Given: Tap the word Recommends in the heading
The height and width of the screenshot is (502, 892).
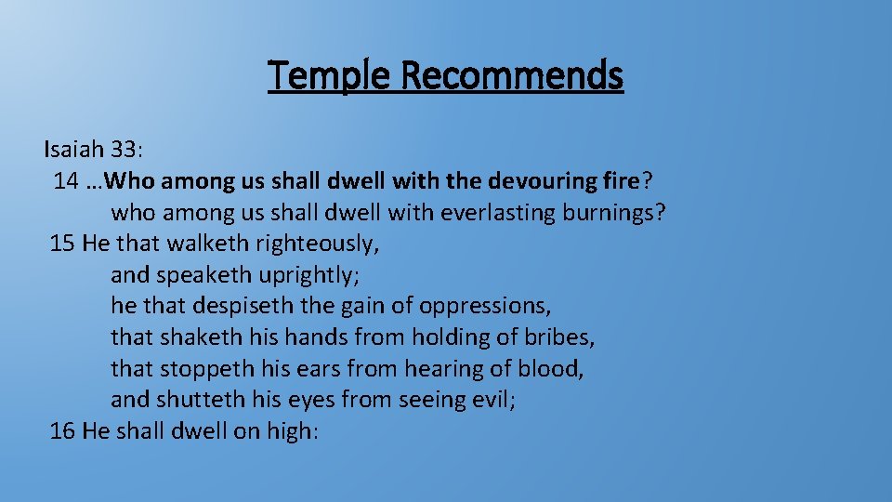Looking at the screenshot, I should click(x=514, y=74).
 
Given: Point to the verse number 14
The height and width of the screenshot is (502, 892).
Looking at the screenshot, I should click(x=65, y=180).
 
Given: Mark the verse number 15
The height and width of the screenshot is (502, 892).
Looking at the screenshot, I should click(x=62, y=244).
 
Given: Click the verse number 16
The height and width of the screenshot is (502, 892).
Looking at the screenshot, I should click(x=62, y=431).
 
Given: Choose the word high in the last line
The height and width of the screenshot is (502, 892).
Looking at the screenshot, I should click(x=290, y=432).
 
